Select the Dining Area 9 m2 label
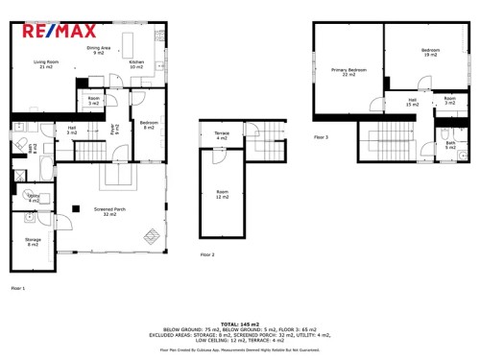pyautogui.click(x=99, y=50)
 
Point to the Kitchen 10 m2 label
pyautogui.click(x=136, y=65)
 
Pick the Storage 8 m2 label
pyautogui.click(x=33, y=242)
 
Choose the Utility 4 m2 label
pyautogui.click(x=34, y=199)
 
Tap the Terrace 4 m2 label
pyautogui.click(x=222, y=137)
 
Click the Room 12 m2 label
pyautogui.click(x=222, y=196)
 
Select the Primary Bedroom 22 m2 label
pyautogui.click(x=348, y=72)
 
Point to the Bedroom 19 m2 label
pyautogui.click(x=430, y=52)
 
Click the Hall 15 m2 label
pyautogui.click(x=412, y=103)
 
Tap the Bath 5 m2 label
pyautogui.click(x=450, y=145)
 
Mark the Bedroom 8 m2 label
pyautogui.click(x=148, y=126)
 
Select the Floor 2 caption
pyautogui.click(x=207, y=254)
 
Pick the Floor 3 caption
pyautogui.click(x=321, y=137)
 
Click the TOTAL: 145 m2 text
pyautogui.click(x=239, y=324)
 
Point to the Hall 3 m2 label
pyautogui.click(x=72, y=130)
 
